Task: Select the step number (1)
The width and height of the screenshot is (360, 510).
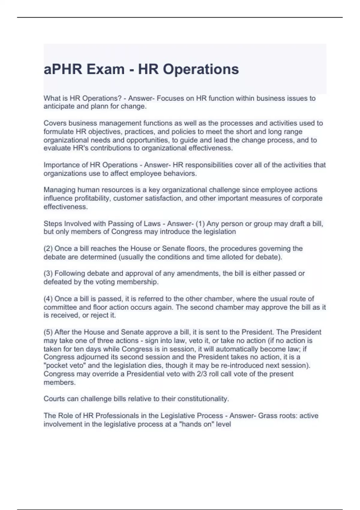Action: (x=200, y=223)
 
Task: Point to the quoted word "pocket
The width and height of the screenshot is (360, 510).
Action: (x=55, y=365)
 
